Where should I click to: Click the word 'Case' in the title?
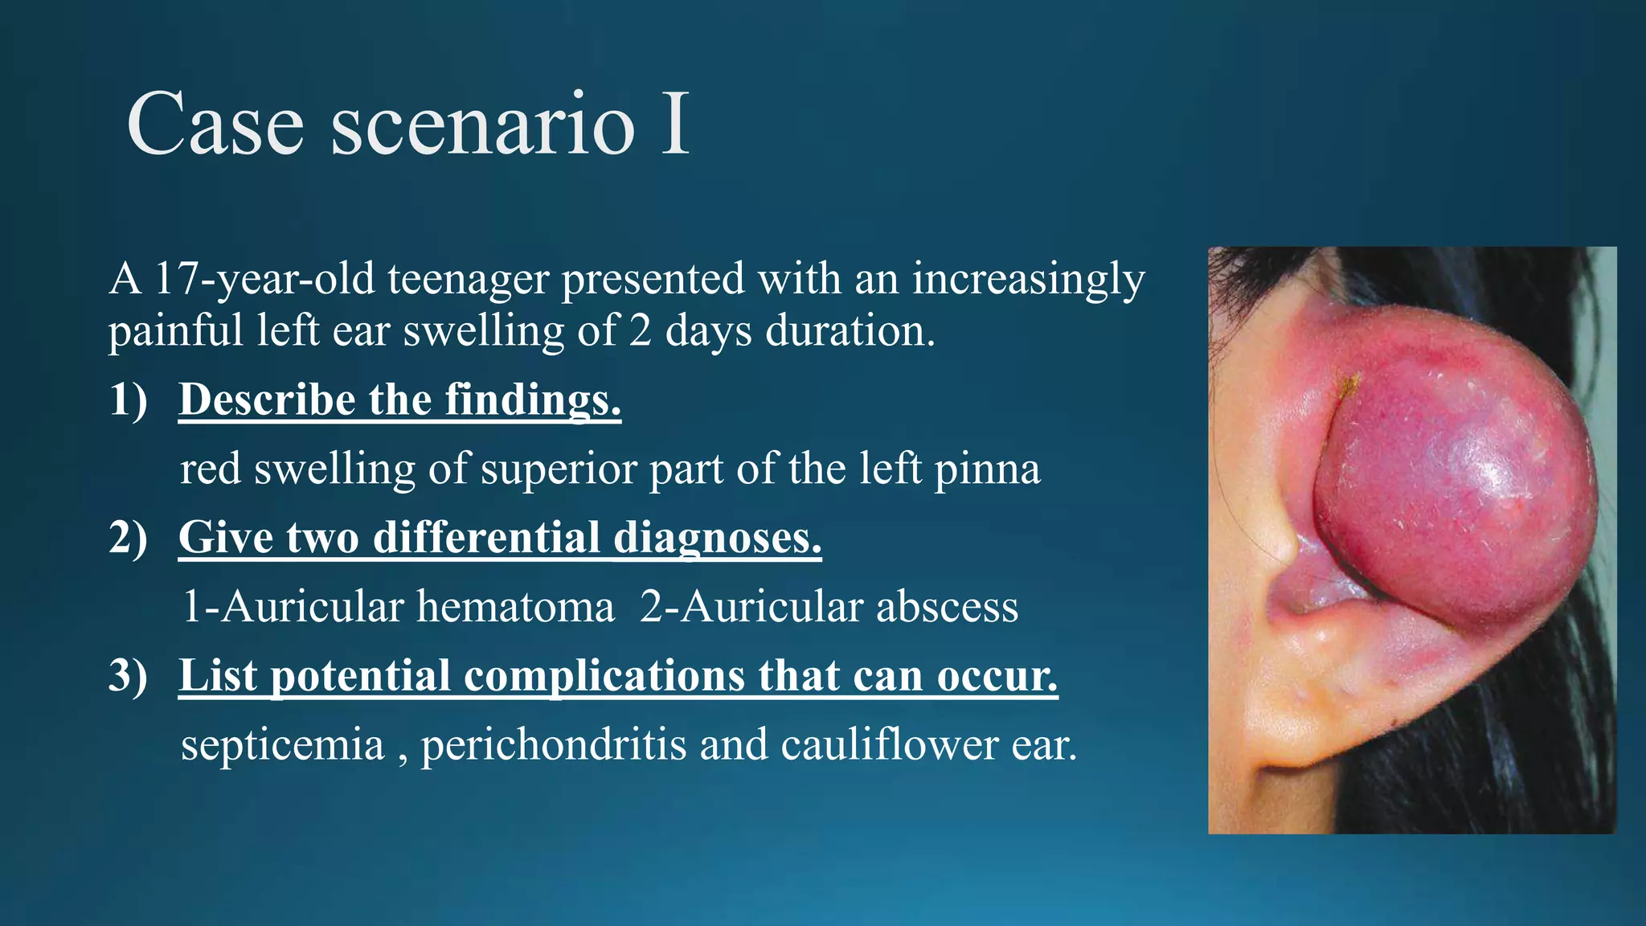[215, 125]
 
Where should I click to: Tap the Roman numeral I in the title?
[674, 125]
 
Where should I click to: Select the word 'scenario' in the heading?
[483, 125]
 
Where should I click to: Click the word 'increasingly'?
[1028, 281]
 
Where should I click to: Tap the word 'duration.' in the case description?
[850, 330]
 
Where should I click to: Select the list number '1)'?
[129, 399]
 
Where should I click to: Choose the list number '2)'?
[129, 537]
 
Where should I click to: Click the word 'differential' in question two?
[486, 537]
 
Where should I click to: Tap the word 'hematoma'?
[514, 606]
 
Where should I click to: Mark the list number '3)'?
[129, 675]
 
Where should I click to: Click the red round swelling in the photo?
[1455, 490]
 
